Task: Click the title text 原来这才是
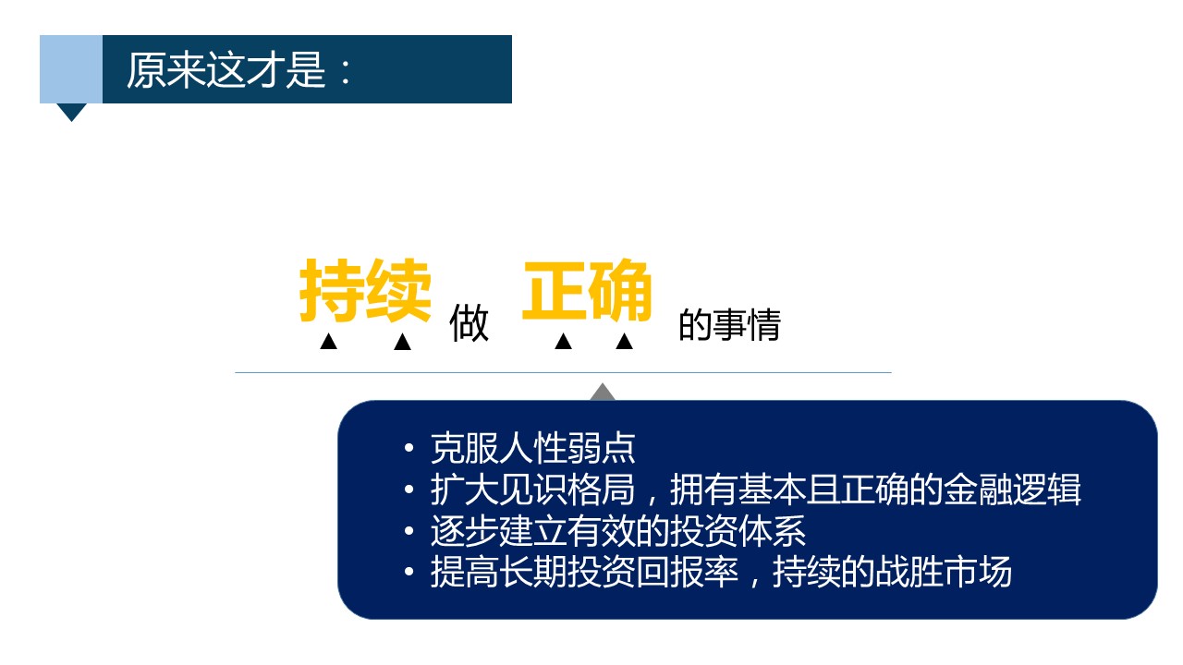pos(226,69)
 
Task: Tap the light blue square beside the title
pos(71,69)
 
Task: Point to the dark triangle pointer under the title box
pos(71,112)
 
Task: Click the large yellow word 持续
pos(365,290)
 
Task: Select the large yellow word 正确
pos(587,290)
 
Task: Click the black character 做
pos(469,323)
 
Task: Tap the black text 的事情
pos(729,324)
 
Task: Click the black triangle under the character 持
pos(328,342)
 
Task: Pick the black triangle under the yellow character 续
pos(402,342)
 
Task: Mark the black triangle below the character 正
pos(564,342)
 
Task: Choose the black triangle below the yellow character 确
pos(624,342)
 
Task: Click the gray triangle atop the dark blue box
pos(603,393)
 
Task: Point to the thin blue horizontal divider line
pos(563,372)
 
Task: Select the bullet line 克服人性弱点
pos(533,449)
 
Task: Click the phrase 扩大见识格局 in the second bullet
pos(533,490)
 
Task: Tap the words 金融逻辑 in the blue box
pos(1012,490)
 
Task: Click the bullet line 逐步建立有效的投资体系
pos(618,531)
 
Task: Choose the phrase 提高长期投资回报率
pos(584,572)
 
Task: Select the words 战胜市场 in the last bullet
pos(944,572)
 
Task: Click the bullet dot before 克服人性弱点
pos(409,449)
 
